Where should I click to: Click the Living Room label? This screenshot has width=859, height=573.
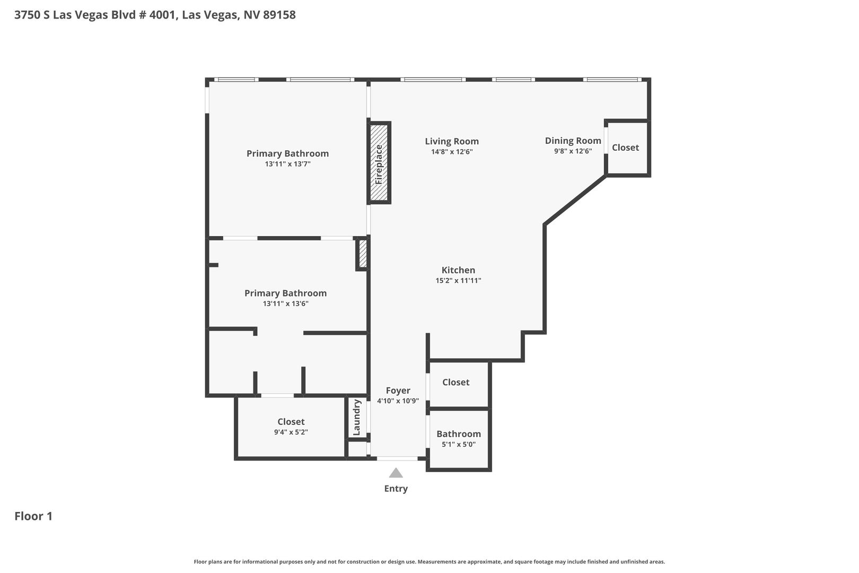tap(452, 141)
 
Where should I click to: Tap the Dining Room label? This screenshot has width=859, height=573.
tap(573, 141)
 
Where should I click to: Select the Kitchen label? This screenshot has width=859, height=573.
tap(458, 270)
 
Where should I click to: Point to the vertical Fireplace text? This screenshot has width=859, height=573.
tap(379, 164)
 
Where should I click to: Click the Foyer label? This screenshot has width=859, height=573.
tap(398, 390)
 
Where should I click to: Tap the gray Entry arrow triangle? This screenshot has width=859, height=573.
tap(396, 473)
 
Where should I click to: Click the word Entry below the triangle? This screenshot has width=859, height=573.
tap(396, 489)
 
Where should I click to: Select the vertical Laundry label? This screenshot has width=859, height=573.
tap(357, 417)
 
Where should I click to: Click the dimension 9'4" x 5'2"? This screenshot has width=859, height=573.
tap(291, 432)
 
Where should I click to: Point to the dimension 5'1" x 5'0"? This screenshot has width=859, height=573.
tap(459, 445)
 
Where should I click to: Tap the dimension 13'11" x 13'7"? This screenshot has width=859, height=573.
tap(287, 164)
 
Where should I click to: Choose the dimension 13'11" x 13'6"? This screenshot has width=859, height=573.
tap(286, 303)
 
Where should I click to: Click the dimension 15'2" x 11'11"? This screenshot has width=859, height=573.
tap(458, 281)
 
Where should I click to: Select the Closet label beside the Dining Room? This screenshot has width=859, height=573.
tap(626, 147)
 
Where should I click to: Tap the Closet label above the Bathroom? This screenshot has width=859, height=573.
tap(456, 382)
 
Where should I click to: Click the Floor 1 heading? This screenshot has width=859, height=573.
tap(33, 516)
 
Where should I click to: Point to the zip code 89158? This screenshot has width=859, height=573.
tap(279, 15)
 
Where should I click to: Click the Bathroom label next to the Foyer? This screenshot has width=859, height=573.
tap(459, 434)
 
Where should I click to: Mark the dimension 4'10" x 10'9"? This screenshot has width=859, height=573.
tap(398, 401)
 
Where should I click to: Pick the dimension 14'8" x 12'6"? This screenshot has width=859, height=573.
tap(452, 152)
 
